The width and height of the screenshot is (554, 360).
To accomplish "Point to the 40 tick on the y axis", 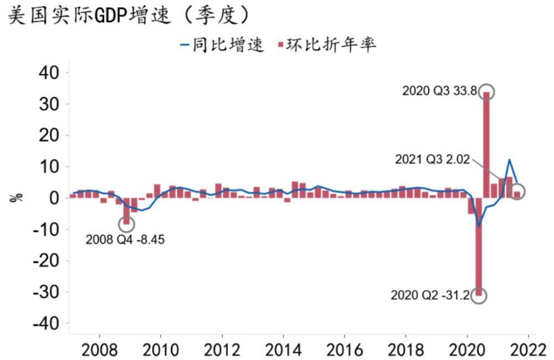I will point(50,73).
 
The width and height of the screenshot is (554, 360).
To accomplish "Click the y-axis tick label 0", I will point(56,198).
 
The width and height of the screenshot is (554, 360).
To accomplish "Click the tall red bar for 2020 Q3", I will point(486,144).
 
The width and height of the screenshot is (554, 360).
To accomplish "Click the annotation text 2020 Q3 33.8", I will point(439,91).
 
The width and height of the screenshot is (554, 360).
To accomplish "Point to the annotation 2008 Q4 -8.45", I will point(125,240).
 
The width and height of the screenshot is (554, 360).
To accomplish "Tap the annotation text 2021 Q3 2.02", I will point(432,160).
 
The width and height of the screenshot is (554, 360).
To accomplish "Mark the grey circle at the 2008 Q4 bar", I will point(126,224).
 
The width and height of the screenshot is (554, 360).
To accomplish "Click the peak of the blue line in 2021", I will point(509,160).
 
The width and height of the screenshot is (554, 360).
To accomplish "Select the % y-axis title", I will point(16,198).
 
